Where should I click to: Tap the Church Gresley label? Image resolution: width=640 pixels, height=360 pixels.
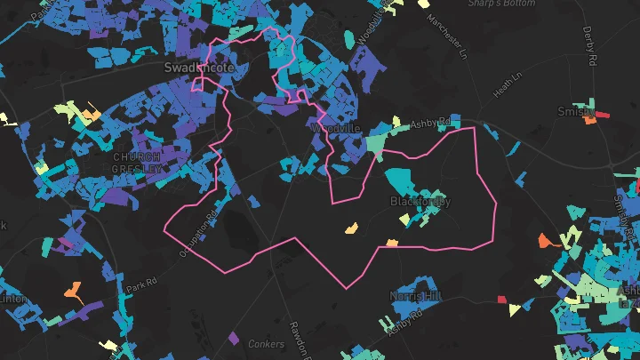[x=137, y=163]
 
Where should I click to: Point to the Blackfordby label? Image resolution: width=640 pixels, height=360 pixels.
[x=421, y=202]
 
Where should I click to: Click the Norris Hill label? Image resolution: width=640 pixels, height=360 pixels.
[x=416, y=295]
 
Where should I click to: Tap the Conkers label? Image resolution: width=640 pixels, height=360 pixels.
[x=265, y=344]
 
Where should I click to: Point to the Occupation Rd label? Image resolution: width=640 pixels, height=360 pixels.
[x=201, y=229]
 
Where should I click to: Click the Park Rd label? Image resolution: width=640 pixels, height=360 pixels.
[x=140, y=286]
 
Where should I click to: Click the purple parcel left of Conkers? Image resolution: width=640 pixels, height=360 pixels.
[x=233, y=338]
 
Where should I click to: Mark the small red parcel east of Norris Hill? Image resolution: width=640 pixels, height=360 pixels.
[x=501, y=299]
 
